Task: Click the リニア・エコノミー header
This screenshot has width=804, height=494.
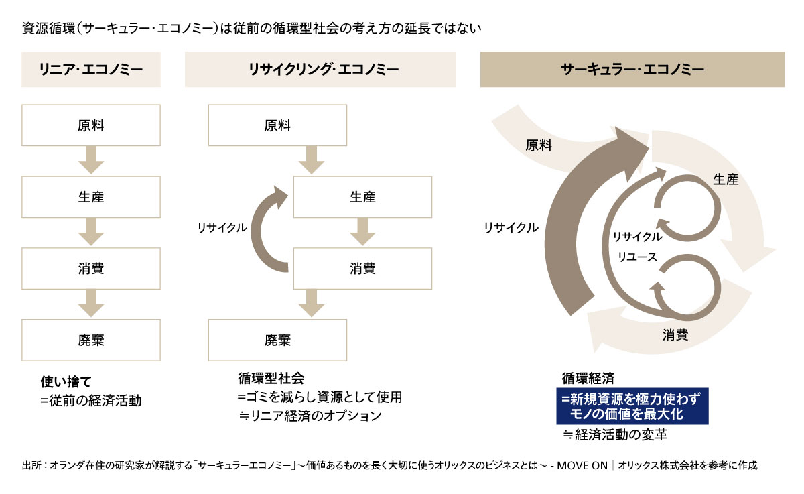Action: pos(91,69)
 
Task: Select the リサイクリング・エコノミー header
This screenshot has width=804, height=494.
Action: pos(320,69)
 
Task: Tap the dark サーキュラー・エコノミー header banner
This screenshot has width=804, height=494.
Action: pos(632,69)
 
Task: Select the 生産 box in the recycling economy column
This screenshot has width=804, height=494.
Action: pos(362,197)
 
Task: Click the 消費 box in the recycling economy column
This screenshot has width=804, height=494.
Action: pos(362,269)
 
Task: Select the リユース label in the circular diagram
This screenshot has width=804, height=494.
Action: pos(637,256)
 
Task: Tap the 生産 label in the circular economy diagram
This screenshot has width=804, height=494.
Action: pos(726,180)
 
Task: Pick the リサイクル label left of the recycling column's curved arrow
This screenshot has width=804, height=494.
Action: pos(222,228)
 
